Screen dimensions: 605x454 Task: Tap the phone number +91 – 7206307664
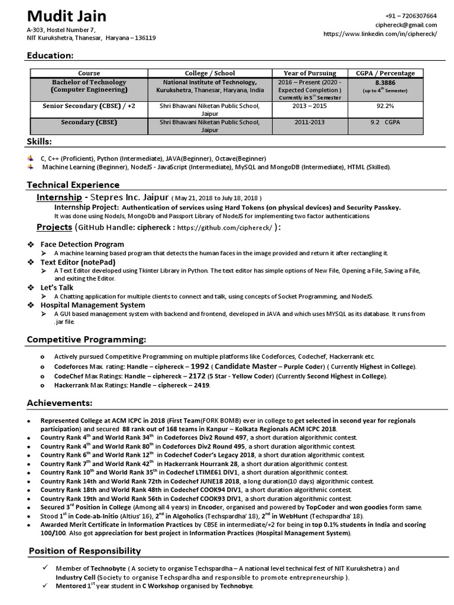coord(411,16)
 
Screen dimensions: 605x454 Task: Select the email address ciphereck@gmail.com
coord(406,25)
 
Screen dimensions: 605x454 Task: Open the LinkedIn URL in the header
coord(387,34)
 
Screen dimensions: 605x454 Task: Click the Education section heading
coord(50,56)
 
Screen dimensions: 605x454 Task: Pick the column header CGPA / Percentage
coord(385,73)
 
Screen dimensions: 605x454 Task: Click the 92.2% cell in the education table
coord(385,106)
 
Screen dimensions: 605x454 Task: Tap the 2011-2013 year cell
coord(310,123)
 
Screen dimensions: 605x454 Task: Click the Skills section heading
coord(39,142)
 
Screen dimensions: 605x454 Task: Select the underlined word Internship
coord(59,197)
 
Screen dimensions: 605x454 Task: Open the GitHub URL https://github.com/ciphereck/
coord(225,228)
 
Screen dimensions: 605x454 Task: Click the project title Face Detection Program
coord(82,244)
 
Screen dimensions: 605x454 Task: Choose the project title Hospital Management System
coord(92,305)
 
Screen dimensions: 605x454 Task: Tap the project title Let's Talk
coord(57,287)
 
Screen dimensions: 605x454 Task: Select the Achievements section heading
coord(59,403)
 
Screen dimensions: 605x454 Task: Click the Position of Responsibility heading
coord(85,551)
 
